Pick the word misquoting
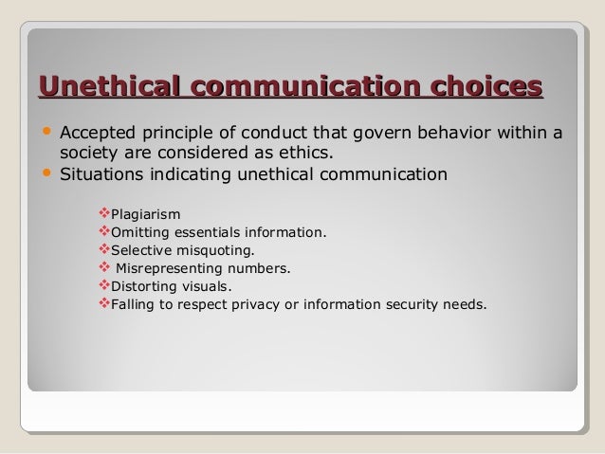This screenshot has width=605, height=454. tap(215, 251)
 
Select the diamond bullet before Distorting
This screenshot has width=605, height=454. tap(104, 286)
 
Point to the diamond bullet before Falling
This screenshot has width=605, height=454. tap(104, 304)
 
